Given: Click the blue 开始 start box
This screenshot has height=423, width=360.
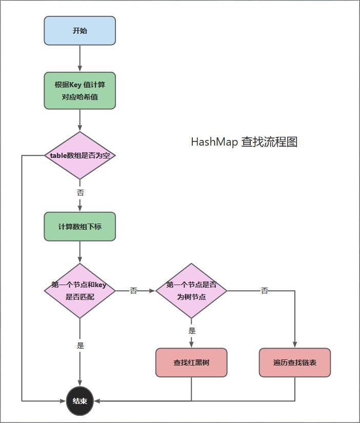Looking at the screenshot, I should [x=79, y=31].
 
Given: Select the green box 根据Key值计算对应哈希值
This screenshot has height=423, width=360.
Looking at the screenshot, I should [x=79, y=90].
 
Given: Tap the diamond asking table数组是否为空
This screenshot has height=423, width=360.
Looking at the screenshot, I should [x=79, y=155].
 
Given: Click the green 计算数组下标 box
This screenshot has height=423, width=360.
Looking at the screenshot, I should [x=79, y=226].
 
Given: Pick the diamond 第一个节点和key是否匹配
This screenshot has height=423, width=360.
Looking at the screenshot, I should [x=79, y=291].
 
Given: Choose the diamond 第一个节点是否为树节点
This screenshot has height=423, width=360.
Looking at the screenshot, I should [x=191, y=291].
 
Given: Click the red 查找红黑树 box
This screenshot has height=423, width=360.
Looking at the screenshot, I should [x=191, y=362].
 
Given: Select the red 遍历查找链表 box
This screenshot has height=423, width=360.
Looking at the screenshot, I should [x=295, y=362].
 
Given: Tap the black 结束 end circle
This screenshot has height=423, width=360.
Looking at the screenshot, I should [x=80, y=401].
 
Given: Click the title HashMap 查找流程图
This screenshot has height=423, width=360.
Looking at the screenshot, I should [x=244, y=142].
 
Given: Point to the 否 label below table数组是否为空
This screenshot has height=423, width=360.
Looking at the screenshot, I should [x=80, y=193].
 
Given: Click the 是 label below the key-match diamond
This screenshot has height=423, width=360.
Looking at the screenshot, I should [x=80, y=346].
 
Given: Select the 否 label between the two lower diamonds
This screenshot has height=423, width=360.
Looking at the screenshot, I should [x=133, y=291].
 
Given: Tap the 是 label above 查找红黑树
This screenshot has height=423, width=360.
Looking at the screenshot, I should [x=191, y=331].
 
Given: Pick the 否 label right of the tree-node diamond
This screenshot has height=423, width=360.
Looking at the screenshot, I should [x=264, y=291].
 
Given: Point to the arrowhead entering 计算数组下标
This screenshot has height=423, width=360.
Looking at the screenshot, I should [x=79, y=208].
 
